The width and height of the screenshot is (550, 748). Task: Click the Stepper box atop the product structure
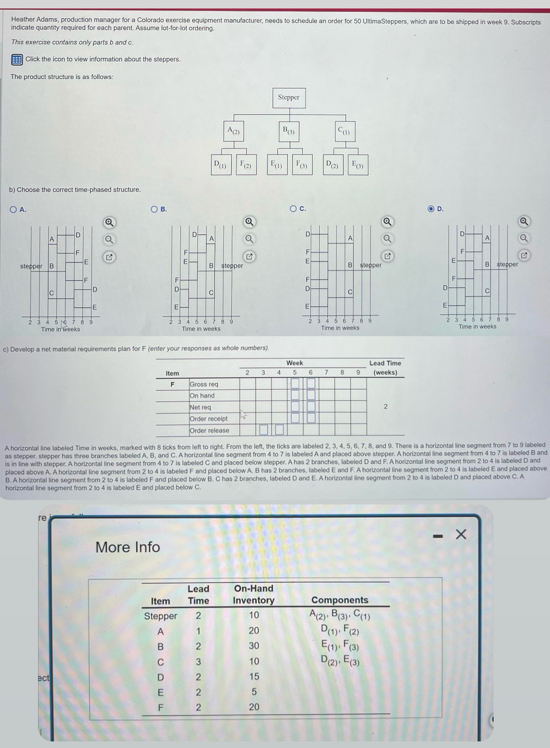pos(289,98)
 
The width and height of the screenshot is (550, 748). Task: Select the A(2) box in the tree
pos(234,131)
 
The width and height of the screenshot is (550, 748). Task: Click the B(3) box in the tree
pos(288,130)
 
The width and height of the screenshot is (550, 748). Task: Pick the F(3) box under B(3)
pos(302,165)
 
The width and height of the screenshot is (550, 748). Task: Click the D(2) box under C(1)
pos(332,165)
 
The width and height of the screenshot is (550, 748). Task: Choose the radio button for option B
pos(154,209)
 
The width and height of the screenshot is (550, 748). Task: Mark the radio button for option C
pos(293,209)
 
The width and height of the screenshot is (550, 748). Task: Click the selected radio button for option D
pos(431,209)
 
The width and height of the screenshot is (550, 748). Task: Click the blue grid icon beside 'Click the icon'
pos(16,59)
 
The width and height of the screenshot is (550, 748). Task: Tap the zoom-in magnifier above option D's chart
pos(524,221)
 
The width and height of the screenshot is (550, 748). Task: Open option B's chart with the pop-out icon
pos(250,257)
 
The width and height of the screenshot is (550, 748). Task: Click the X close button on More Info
pos(461,534)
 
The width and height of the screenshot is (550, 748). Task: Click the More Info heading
pos(127,547)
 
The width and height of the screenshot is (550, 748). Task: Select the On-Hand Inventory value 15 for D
pos(254,677)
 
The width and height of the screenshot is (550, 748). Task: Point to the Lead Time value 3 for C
pos(198,661)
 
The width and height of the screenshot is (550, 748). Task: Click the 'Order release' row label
pos(209,430)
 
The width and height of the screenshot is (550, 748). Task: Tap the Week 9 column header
pos(358,372)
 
